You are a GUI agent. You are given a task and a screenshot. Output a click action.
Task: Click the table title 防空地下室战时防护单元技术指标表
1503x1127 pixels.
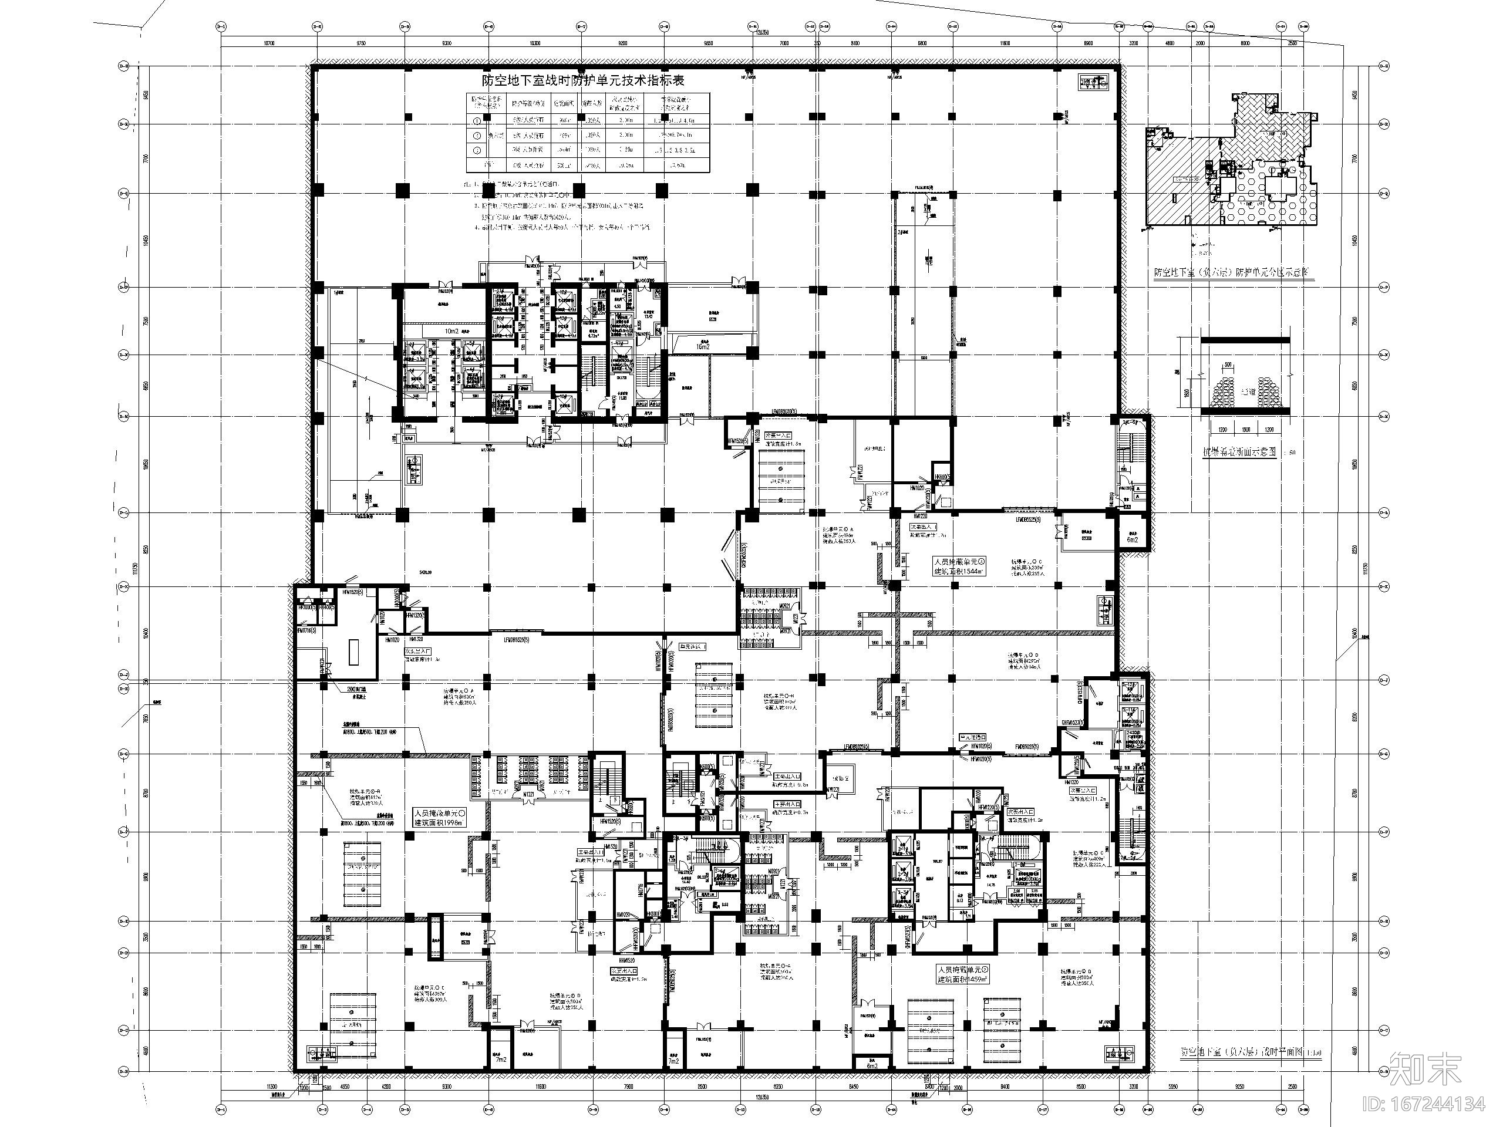pyautogui.click(x=582, y=80)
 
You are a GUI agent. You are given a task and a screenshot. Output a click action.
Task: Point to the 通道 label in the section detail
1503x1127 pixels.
pyautogui.click(x=1247, y=392)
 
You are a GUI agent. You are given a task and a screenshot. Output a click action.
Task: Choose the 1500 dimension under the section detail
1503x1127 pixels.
pyautogui.click(x=1246, y=430)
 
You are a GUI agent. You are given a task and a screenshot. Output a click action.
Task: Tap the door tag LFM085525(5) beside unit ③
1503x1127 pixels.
pyautogui.click(x=1029, y=519)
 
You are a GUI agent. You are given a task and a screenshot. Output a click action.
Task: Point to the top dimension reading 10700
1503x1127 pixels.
pyautogui.click(x=268, y=43)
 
